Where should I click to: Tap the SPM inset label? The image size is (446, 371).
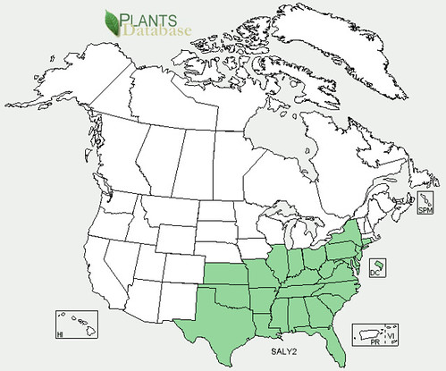point(425,210)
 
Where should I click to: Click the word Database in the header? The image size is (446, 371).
point(169,32)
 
